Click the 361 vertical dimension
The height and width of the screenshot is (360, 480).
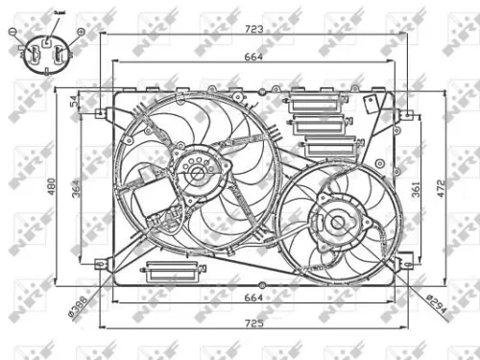[417, 190]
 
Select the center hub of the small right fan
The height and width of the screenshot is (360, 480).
[337, 223]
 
